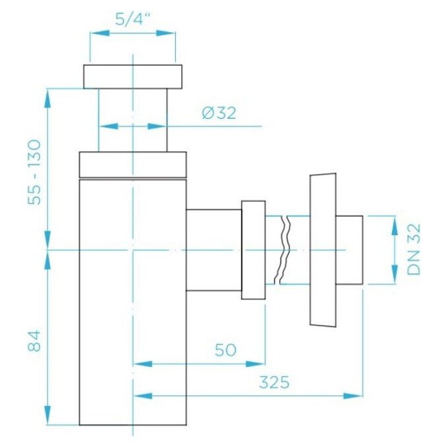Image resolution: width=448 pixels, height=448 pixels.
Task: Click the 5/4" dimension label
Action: pyautogui.click(x=133, y=18)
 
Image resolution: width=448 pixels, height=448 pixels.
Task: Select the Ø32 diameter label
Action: pyautogui.click(x=219, y=113)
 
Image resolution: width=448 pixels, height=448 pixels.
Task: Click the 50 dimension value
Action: pyautogui.click(x=225, y=350)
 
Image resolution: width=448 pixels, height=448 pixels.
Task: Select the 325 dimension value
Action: pyautogui.click(x=274, y=382)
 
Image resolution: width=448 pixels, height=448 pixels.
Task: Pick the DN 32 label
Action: pyautogui.click(x=414, y=249)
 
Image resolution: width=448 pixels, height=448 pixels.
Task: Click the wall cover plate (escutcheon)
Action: pyautogui.click(x=323, y=250)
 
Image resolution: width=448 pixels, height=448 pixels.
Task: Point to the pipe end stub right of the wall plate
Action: pyautogui.click(x=349, y=250)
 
